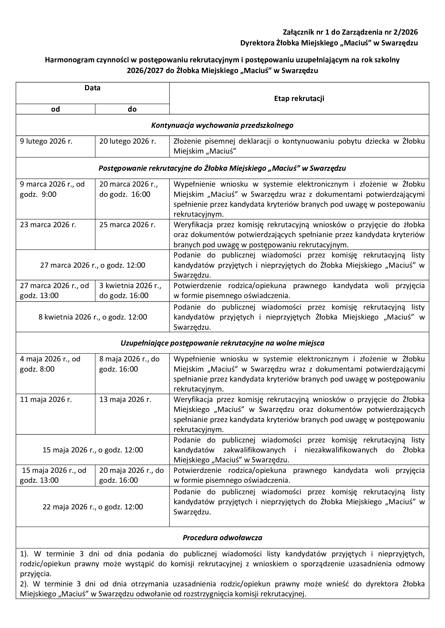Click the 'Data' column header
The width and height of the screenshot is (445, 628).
click(92, 88)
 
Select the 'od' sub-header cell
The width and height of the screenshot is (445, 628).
click(55, 109)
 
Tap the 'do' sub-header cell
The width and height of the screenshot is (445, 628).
click(132, 109)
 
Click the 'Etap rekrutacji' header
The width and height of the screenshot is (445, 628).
click(299, 99)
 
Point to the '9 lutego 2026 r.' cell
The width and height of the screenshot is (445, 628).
click(46, 141)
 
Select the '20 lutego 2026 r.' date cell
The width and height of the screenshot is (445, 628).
click(128, 141)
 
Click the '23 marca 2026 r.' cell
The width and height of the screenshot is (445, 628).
click(48, 225)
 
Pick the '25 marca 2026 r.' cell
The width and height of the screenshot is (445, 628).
click(127, 225)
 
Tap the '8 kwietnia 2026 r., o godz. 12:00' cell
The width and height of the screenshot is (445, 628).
click(93, 317)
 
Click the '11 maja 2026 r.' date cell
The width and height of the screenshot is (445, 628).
click(46, 400)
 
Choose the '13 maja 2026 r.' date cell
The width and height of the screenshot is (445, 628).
click(125, 400)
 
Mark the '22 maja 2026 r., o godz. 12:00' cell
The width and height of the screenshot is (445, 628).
click(93, 507)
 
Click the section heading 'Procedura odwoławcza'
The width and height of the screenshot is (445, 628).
click(222, 538)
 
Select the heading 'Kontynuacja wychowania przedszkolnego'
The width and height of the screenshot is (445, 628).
click(222, 125)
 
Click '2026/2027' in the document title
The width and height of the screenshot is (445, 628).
click(145, 71)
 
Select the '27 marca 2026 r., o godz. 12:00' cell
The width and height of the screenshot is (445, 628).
click(93, 265)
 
